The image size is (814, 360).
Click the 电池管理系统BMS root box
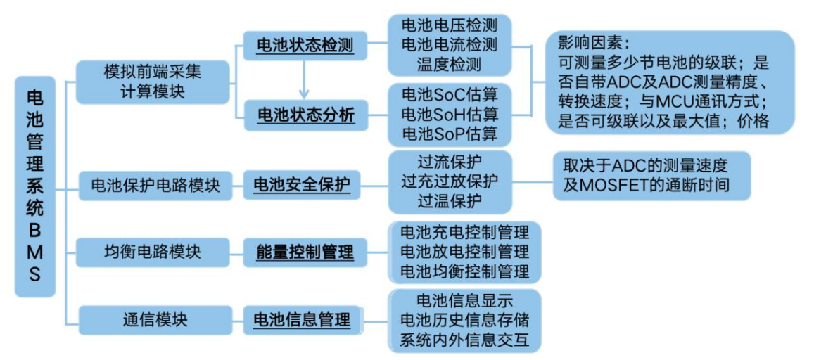point(34,186)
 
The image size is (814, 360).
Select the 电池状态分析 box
point(305,114)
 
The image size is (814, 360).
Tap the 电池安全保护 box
point(305,186)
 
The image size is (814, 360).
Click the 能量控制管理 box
point(305,251)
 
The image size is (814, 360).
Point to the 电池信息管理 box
point(305,320)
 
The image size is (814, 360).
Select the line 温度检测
point(449,65)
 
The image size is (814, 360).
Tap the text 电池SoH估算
point(449,113)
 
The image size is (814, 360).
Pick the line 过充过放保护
point(449,181)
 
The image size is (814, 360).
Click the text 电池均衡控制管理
point(464,270)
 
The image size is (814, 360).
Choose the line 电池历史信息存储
point(464,321)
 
